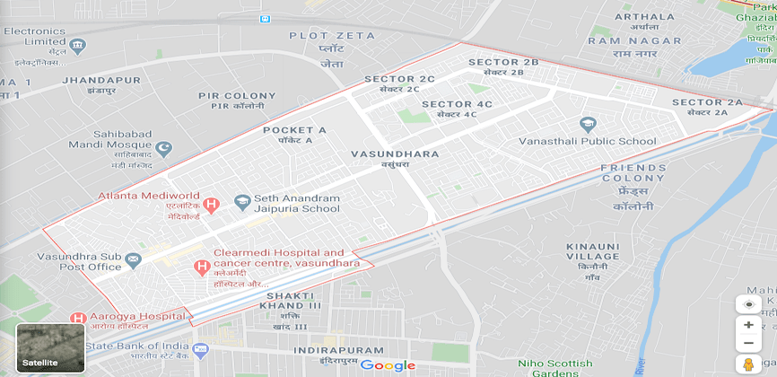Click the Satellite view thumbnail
[50, 346]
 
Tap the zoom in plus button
[747, 325]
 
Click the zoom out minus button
[747, 344]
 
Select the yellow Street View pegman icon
[747, 364]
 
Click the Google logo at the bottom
[388, 365]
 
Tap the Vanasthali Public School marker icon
[588, 124]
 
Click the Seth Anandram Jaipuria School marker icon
[241, 203]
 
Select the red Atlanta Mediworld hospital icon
[212, 205]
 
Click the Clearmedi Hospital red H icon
[203, 267]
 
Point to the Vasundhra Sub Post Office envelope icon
[134, 261]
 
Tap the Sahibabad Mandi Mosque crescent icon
[163, 148]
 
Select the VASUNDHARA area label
[395, 154]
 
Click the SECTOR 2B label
[503, 62]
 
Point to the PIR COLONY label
[231, 95]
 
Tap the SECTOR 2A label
[708, 102]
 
